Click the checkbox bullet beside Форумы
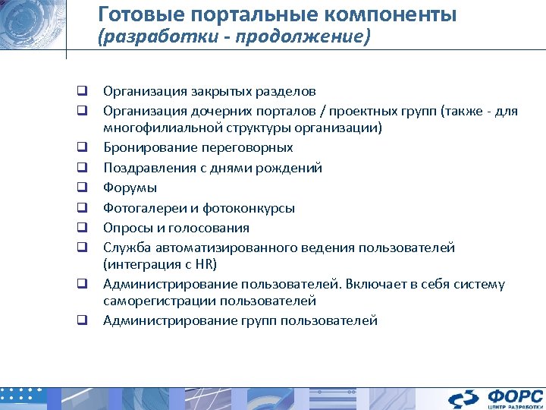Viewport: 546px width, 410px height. tap(79, 188)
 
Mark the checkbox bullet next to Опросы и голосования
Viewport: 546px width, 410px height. tap(79, 228)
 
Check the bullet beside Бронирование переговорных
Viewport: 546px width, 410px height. tap(79, 147)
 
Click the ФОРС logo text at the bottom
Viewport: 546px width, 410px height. tap(515, 396)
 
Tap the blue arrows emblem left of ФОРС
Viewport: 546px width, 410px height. tap(463, 398)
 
